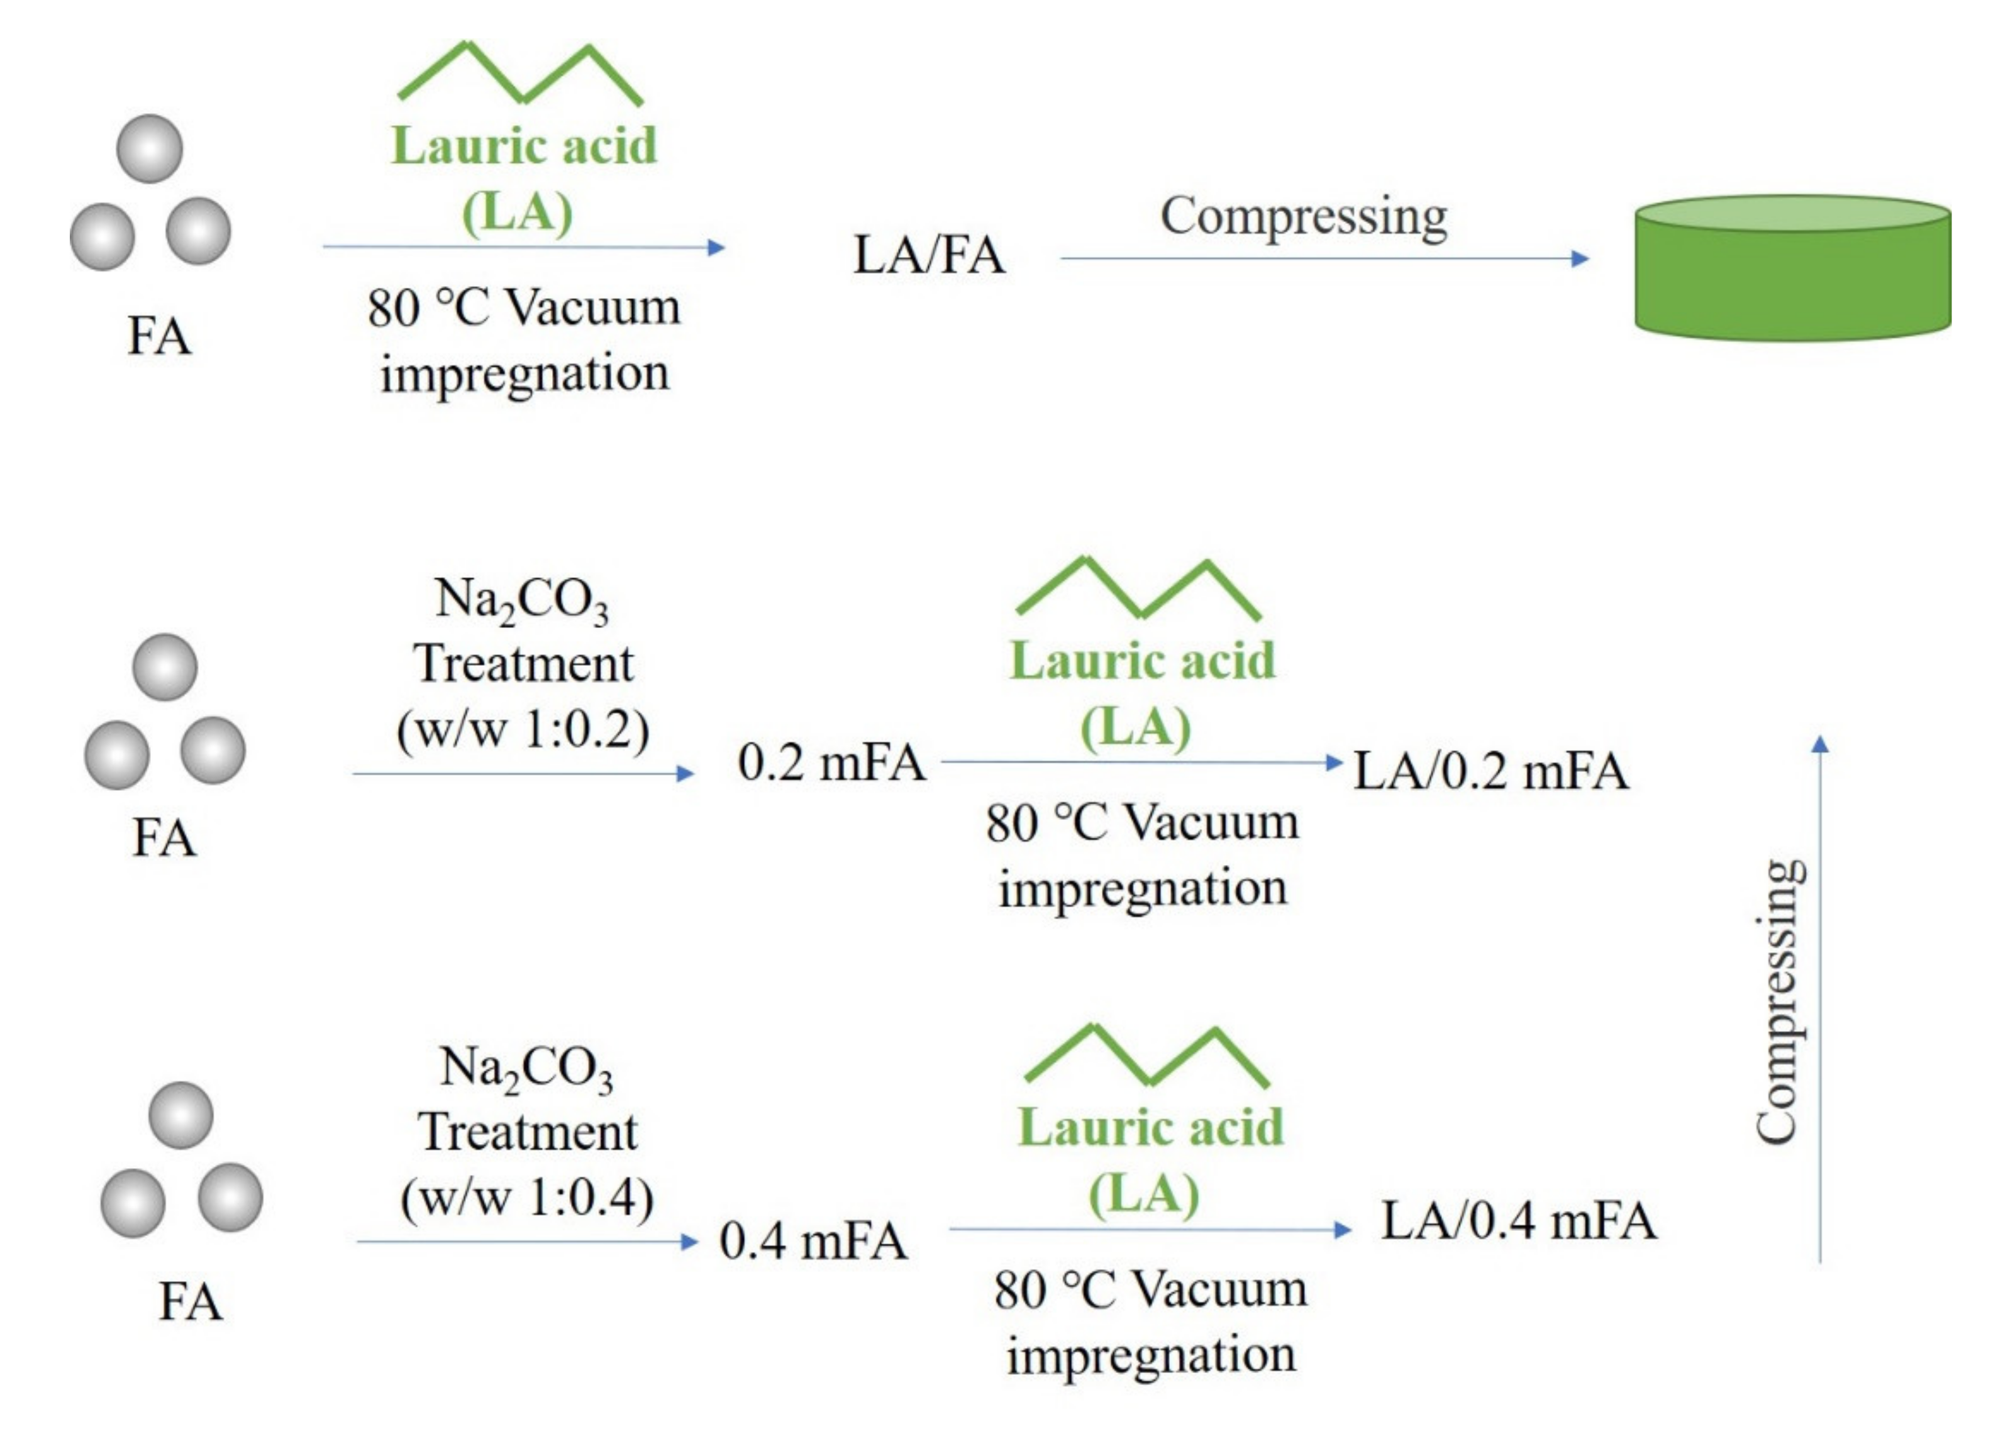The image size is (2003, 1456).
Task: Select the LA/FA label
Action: (x=928, y=256)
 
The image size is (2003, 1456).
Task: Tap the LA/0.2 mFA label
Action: (x=1490, y=771)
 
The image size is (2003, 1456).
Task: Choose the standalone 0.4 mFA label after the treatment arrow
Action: (x=813, y=1240)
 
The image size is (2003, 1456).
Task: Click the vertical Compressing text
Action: (x=1777, y=1002)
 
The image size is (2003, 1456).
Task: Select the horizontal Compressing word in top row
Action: (x=1304, y=216)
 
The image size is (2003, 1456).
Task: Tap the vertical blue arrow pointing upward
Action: (x=1820, y=998)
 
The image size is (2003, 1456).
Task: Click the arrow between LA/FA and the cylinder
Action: (x=1324, y=259)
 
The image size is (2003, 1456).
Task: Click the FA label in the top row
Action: (x=159, y=336)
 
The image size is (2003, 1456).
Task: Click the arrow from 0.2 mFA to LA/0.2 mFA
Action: (x=1140, y=762)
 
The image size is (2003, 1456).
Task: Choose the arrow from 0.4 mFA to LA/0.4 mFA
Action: (x=1149, y=1229)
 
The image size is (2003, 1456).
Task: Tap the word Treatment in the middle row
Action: (x=523, y=664)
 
